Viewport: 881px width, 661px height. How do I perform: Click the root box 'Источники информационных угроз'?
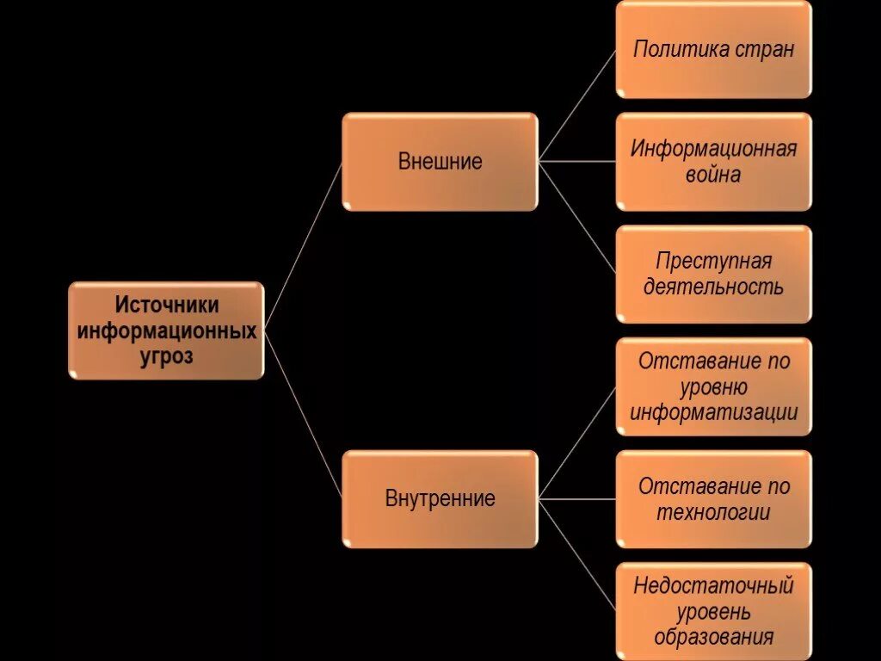coord(166,330)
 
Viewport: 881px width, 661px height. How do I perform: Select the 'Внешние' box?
coord(440,162)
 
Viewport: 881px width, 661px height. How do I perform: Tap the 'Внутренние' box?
coord(440,499)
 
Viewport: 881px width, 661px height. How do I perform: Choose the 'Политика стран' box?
coord(713,49)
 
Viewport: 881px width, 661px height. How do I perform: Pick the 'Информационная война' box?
coord(713,162)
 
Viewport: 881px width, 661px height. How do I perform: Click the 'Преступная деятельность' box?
coord(713,274)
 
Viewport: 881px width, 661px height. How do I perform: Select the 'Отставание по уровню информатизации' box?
coord(713,386)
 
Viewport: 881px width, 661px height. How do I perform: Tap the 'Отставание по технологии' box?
coord(713,499)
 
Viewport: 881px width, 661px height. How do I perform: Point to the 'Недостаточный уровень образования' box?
coord(713,611)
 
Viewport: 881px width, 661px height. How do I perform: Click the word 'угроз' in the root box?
coord(167,356)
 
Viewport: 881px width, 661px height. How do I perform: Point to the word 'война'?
coord(713,175)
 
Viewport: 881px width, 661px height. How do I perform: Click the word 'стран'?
coord(765,49)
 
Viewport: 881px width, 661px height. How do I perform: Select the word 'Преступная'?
coord(713,261)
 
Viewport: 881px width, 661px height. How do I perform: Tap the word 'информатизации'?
coord(713,412)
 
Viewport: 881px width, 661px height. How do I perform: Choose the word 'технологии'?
coord(713,513)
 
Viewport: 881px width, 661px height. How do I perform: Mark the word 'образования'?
coord(713,638)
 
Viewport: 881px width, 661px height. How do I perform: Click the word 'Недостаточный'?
coord(713,586)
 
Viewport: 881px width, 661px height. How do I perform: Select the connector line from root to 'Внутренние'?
coord(303,415)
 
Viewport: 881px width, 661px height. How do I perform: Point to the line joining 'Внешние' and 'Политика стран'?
coord(577,105)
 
